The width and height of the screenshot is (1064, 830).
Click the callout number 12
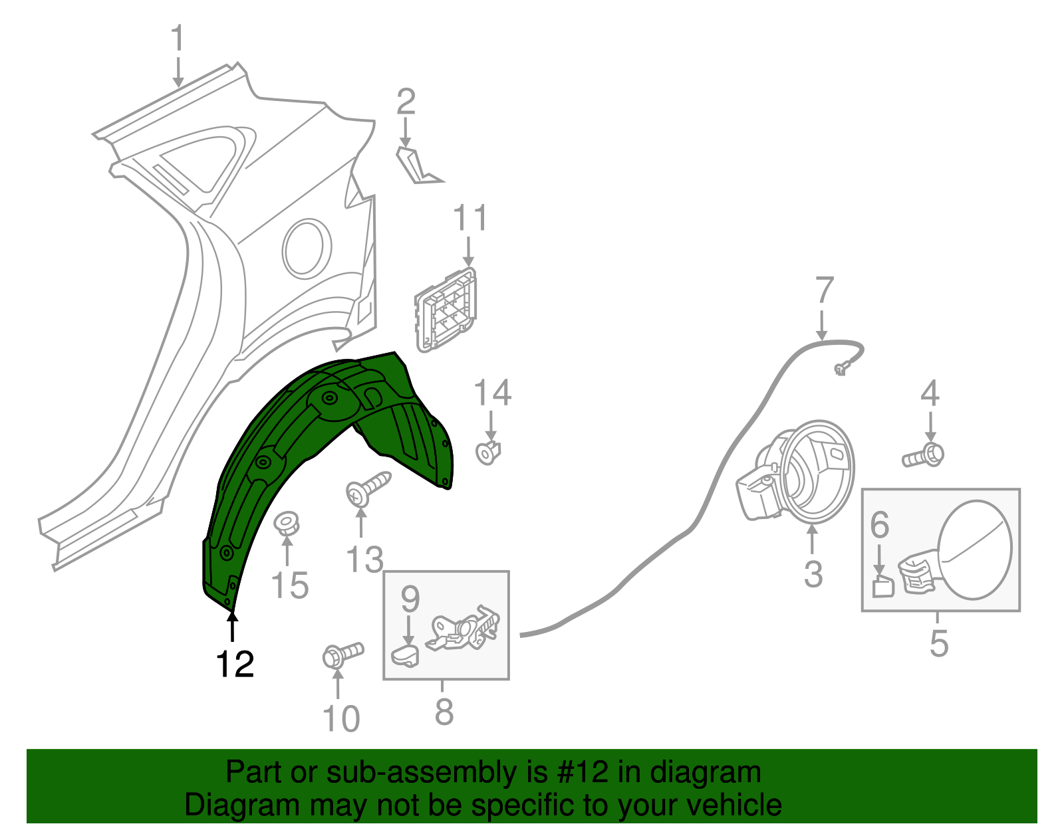235,664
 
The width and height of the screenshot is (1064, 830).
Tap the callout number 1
178,37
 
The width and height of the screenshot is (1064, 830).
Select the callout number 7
825,290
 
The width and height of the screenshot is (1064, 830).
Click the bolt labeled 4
924,455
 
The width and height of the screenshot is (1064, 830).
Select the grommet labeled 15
287,524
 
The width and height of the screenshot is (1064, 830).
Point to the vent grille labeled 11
446,310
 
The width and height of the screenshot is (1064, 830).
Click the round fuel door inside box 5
974,550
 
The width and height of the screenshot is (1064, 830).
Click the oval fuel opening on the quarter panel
307,249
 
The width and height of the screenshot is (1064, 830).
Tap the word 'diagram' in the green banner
706,773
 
